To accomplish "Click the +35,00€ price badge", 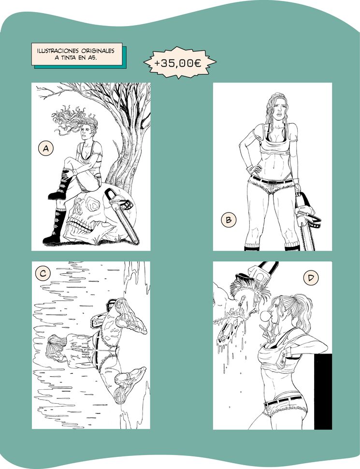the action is [180, 62].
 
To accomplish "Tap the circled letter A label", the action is [46, 149].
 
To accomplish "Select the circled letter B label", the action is [229, 220].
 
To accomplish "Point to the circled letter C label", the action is [43, 273].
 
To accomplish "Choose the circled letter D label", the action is [311, 278].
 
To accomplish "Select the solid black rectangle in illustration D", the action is [323, 391].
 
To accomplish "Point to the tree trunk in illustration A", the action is [126, 161].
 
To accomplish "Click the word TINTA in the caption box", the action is [68, 58].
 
